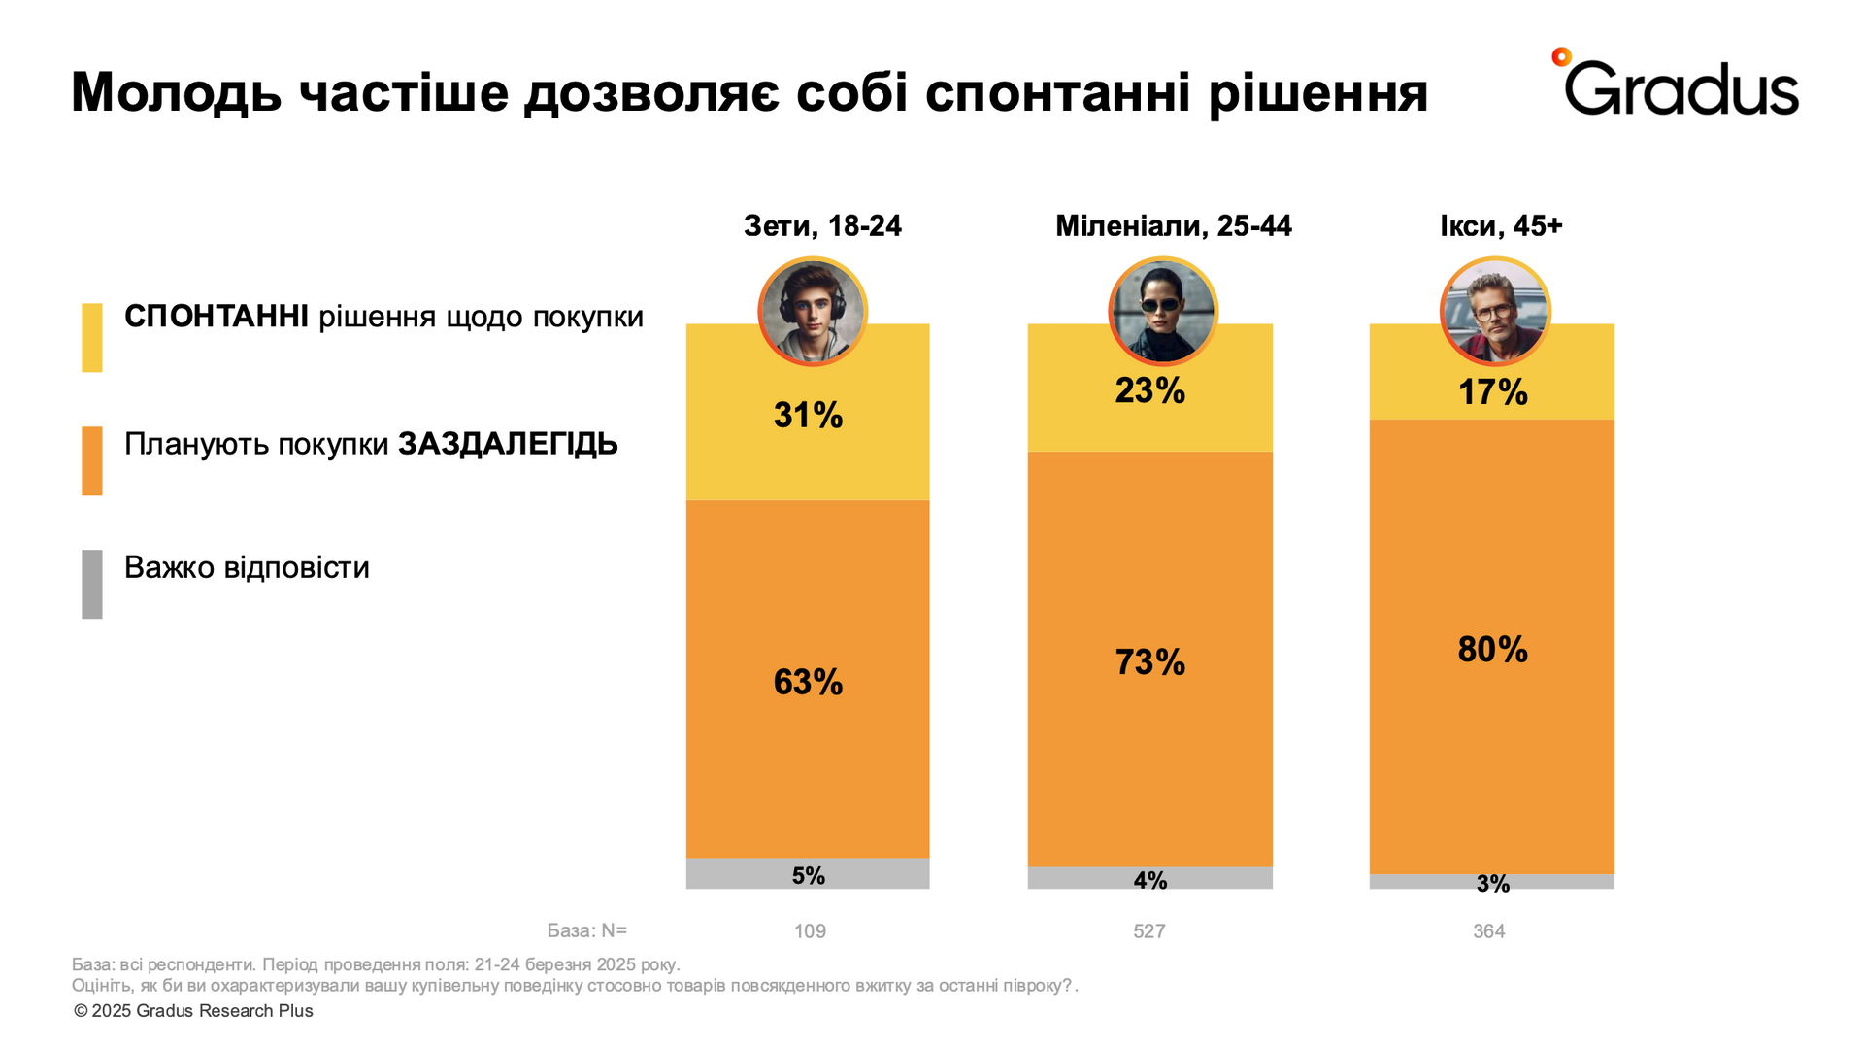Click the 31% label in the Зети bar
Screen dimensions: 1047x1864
pyautogui.click(x=808, y=416)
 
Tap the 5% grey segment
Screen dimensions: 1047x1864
pyautogui.click(x=808, y=874)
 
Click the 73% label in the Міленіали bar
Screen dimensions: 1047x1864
pyautogui.click(x=1149, y=662)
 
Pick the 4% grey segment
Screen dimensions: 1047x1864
pyautogui.click(x=1149, y=878)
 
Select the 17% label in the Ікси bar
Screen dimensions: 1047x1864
pyautogui.click(x=1492, y=392)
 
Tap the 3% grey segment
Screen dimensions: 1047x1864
pyautogui.click(x=1492, y=882)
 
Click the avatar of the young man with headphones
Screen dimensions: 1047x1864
pyautogui.click(x=813, y=311)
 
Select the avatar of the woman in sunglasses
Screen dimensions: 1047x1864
pyautogui.click(x=1162, y=311)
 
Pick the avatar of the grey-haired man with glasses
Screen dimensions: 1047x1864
pyautogui.click(x=1495, y=311)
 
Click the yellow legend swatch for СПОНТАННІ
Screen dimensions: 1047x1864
pyautogui.click(x=92, y=337)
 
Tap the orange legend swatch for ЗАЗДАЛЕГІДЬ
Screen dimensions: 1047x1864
pyautogui.click(x=92, y=460)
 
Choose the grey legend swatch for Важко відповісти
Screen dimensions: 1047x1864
pyautogui.click(x=92, y=584)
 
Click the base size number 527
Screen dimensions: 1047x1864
pyautogui.click(x=1148, y=930)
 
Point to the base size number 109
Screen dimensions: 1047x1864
pyautogui.click(x=810, y=930)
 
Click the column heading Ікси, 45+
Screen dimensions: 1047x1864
pyautogui.click(x=1501, y=226)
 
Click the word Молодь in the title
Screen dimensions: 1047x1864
pyautogui.click(x=176, y=94)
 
